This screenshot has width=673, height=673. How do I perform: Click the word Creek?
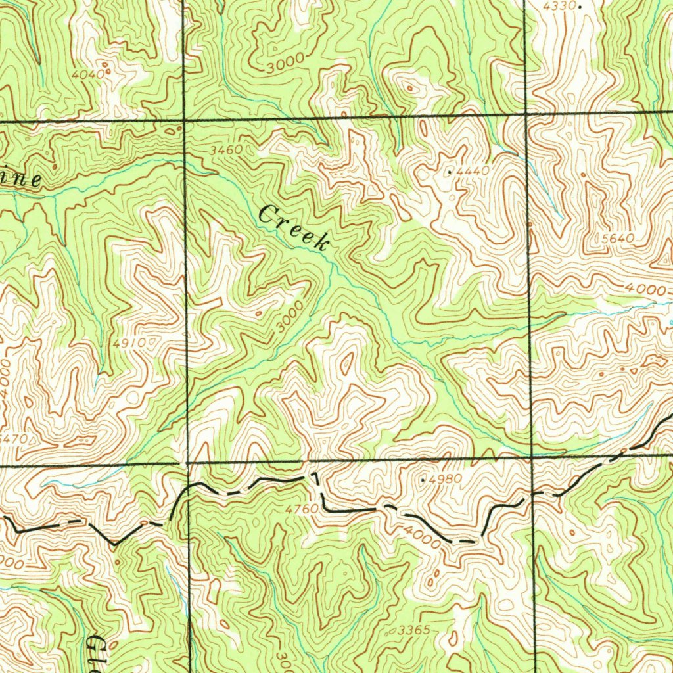tap(294, 228)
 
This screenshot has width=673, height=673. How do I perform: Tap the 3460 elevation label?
tap(226, 151)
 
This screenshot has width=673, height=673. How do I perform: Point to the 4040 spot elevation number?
tap(87, 75)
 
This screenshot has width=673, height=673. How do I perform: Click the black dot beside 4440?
tap(450, 172)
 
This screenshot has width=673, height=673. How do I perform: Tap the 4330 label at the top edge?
tap(559, 6)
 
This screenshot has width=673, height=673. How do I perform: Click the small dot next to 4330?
tap(580, 6)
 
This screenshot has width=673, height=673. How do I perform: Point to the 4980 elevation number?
tap(445, 480)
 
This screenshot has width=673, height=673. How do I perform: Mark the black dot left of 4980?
tap(422, 480)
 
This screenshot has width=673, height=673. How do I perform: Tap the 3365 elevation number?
tap(414, 630)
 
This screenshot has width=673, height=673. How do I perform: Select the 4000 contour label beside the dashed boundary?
tap(422, 538)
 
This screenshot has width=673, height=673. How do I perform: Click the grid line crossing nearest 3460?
tap(184, 121)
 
